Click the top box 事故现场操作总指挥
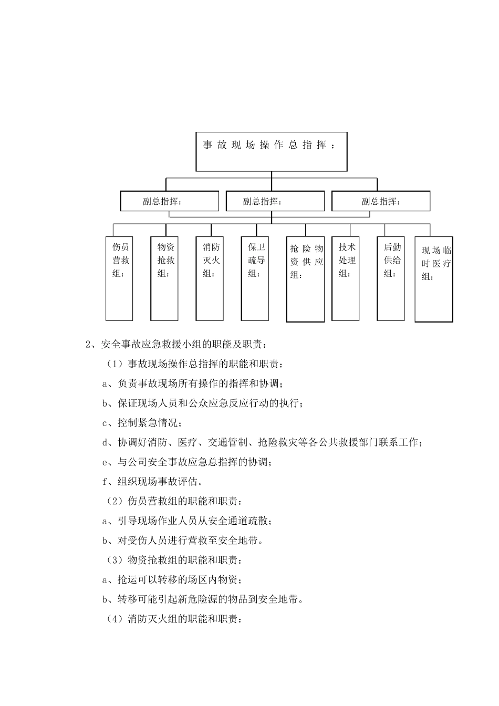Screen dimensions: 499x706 coord(272,151)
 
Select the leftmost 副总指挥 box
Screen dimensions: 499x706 coord(170,201)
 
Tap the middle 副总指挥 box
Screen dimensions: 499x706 coord(275,201)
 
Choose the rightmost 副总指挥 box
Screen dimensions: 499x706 coord(381,201)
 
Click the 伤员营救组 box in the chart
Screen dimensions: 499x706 coord(119,278)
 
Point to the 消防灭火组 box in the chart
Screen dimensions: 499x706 coord(210,278)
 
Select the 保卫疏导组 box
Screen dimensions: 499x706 coord(256,278)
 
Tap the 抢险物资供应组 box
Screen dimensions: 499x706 coord(305,279)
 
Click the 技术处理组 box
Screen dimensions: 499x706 coord(346,278)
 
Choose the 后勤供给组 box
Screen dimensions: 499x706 coord(391,278)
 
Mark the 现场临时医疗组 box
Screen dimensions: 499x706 coord(434,279)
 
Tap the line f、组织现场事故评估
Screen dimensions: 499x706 coord(153,482)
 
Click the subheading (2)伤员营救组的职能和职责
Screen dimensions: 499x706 coord(175,502)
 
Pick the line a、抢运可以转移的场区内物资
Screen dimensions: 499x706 coord(173,580)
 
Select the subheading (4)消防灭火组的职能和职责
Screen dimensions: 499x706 coord(175,619)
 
